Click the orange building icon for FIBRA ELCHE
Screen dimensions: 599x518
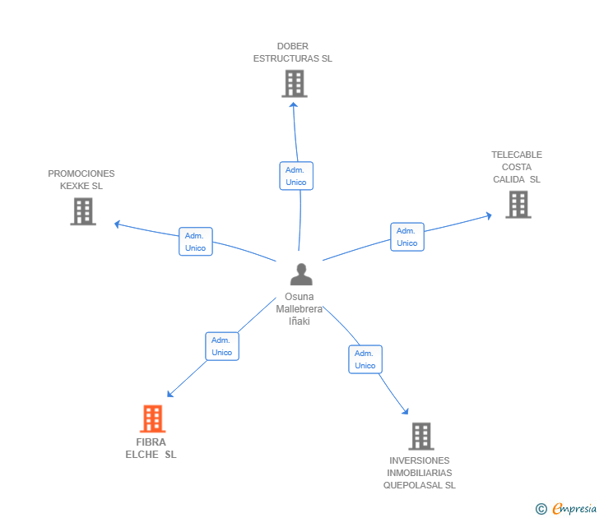(x=153, y=419)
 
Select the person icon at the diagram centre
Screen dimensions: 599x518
(x=301, y=274)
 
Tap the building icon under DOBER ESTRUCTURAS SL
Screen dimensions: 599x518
(x=295, y=84)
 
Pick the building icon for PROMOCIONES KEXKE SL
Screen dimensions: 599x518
(x=83, y=211)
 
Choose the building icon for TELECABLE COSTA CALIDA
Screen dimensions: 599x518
(x=518, y=205)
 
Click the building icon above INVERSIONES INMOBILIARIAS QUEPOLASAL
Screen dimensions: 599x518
(x=421, y=437)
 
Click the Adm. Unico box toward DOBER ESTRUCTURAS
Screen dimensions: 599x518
(x=296, y=176)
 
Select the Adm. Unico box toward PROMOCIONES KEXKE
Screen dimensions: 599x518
(x=196, y=242)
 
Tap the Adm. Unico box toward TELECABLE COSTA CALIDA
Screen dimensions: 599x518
(x=407, y=237)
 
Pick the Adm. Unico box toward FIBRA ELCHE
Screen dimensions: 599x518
(x=222, y=346)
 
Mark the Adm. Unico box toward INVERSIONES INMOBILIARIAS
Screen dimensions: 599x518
(x=365, y=359)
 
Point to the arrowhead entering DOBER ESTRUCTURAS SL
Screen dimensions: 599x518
(x=294, y=104)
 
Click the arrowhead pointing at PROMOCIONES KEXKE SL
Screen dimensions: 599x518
(x=118, y=224)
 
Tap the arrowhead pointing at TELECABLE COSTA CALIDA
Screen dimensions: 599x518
(x=489, y=216)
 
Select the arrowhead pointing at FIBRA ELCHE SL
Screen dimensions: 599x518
(x=170, y=395)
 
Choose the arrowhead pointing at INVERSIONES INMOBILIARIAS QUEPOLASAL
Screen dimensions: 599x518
(x=406, y=411)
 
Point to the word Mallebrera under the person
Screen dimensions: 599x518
(x=299, y=309)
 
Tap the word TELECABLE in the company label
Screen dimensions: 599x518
(x=517, y=155)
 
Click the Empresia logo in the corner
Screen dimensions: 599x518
(x=566, y=509)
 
